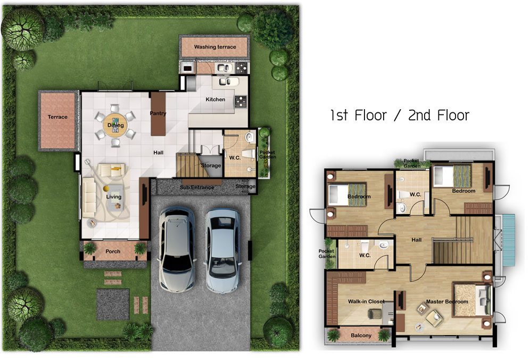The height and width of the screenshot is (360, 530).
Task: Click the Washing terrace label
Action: (x=215, y=47)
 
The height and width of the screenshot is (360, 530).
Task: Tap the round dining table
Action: (x=115, y=125)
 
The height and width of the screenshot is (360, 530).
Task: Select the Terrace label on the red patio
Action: (x=57, y=117)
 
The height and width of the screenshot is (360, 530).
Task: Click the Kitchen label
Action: (x=216, y=99)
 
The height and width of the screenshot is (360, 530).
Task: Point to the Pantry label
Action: (x=158, y=113)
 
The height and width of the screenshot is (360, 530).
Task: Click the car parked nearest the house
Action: (x=177, y=250)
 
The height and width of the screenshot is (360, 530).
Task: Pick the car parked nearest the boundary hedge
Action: (x=223, y=250)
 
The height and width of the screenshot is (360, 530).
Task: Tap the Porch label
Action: (x=113, y=251)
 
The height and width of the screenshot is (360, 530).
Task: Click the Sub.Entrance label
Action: (x=197, y=187)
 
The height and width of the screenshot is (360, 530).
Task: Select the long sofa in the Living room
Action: (x=89, y=198)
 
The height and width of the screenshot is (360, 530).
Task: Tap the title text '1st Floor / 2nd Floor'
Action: (x=400, y=115)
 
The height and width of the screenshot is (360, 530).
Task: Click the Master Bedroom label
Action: (x=447, y=301)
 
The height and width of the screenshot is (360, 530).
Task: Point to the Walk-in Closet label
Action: (x=367, y=301)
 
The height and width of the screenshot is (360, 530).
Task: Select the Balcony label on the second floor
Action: (x=361, y=336)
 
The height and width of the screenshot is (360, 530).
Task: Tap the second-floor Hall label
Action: (x=417, y=240)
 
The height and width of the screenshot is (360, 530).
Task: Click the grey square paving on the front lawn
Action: (x=113, y=304)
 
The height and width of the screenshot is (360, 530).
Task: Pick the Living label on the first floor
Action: (x=113, y=197)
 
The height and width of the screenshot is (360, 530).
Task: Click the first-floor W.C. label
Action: (x=235, y=158)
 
